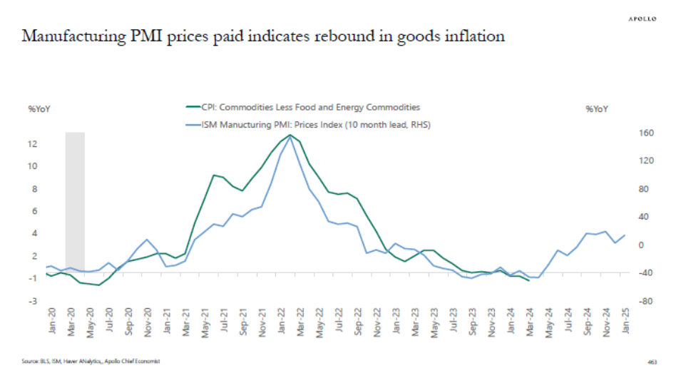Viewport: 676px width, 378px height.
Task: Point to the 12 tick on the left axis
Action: [32, 143]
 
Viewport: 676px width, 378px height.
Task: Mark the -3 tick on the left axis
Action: [32, 302]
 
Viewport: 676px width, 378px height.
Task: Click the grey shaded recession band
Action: [75, 200]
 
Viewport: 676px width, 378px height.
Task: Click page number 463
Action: [652, 362]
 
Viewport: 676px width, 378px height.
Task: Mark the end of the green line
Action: [528, 281]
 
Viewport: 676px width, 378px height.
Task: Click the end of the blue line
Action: [625, 235]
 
